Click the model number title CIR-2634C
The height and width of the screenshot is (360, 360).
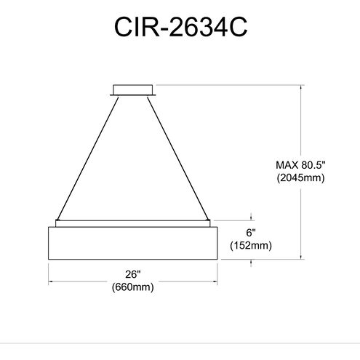(x=180, y=27)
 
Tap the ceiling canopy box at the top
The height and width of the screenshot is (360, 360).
(x=133, y=90)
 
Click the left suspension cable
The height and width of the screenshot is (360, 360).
(x=88, y=158)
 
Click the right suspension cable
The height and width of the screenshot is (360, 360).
(x=178, y=158)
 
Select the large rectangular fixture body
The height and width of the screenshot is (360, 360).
(x=133, y=243)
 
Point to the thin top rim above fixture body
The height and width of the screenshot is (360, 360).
(x=133, y=223)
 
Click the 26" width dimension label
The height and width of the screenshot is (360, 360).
(x=133, y=274)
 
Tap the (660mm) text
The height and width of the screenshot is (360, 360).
(x=133, y=287)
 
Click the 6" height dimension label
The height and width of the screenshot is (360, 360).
(x=251, y=233)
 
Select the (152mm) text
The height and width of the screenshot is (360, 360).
(x=251, y=246)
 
